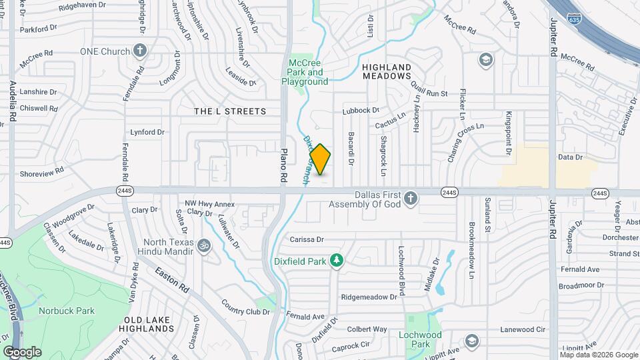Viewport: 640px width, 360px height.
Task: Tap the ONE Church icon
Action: (x=140, y=50)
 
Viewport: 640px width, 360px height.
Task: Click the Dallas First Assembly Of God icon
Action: (x=411, y=198)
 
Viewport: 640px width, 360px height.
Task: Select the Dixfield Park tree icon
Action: (x=337, y=260)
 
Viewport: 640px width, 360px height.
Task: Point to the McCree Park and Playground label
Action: (x=306, y=72)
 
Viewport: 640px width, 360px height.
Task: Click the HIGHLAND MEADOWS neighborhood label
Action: (x=387, y=71)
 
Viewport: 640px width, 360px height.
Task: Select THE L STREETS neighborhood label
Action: (x=230, y=111)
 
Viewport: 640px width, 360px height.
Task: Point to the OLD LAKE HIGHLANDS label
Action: (x=148, y=324)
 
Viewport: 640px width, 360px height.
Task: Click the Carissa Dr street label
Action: (x=307, y=239)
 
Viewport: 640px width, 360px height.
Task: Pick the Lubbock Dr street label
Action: (x=361, y=111)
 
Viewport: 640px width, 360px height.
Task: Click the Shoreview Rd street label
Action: (x=41, y=171)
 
